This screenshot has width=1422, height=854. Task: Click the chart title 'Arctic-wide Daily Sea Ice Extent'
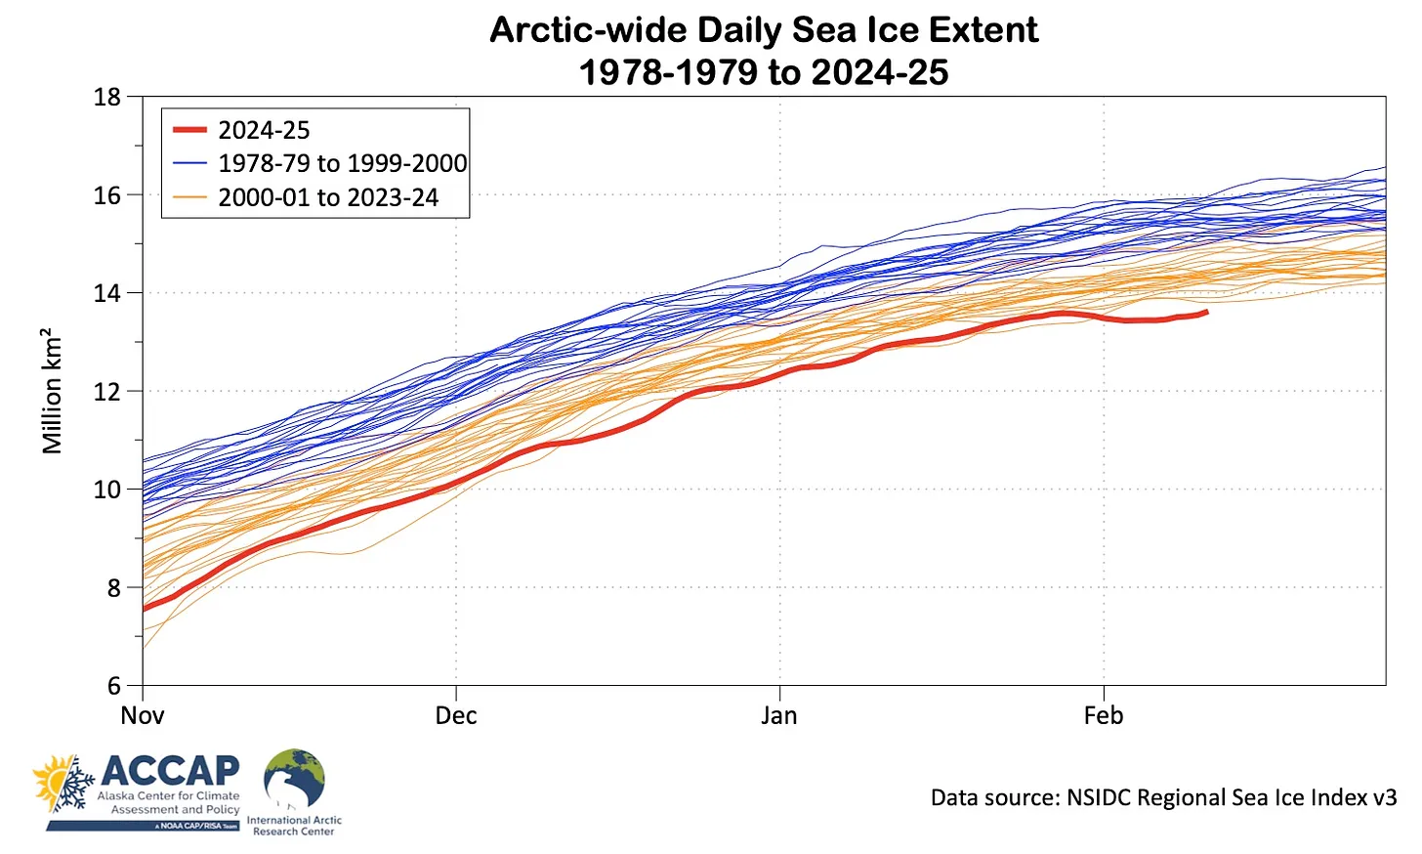click(x=763, y=30)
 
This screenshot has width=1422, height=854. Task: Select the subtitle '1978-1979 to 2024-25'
click(x=763, y=72)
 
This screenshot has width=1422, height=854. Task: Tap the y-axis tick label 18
click(x=107, y=97)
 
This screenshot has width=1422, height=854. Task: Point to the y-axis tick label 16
click(x=107, y=195)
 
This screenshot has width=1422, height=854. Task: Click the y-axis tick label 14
click(x=107, y=293)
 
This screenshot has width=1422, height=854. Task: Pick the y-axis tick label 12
click(x=107, y=392)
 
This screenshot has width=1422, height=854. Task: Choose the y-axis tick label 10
click(x=107, y=490)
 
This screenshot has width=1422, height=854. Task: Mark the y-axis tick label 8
click(x=114, y=588)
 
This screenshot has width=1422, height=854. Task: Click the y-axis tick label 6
click(x=114, y=686)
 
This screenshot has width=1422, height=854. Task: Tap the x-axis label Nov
click(x=143, y=716)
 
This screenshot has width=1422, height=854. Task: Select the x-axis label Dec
click(x=456, y=716)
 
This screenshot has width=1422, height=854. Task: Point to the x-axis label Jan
click(x=779, y=716)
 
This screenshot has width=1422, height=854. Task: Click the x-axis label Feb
click(x=1104, y=716)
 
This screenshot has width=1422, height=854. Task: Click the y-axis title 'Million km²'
click(x=52, y=392)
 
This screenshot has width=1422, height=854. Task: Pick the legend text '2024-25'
click(x=264, y=130)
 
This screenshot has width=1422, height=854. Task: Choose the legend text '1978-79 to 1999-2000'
click(x=342, y=163)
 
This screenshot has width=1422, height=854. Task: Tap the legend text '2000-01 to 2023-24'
click(x=328, y=197)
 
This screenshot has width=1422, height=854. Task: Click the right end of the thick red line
click(x=1206, y=313)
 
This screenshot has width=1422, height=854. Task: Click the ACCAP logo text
click(x=170, y=771)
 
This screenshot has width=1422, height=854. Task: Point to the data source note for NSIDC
click(x=1163, y=798)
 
